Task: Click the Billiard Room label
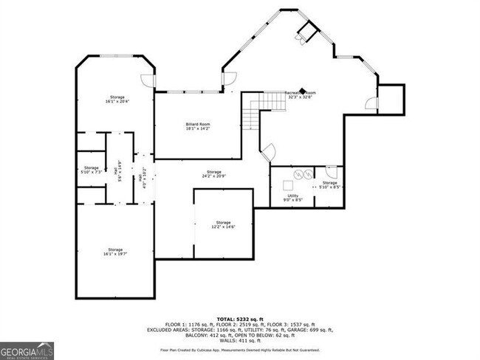click(198, 125)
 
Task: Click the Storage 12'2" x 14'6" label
click(223, 224)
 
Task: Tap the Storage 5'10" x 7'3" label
click(92, 169)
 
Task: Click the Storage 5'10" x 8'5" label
click(329, 184)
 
